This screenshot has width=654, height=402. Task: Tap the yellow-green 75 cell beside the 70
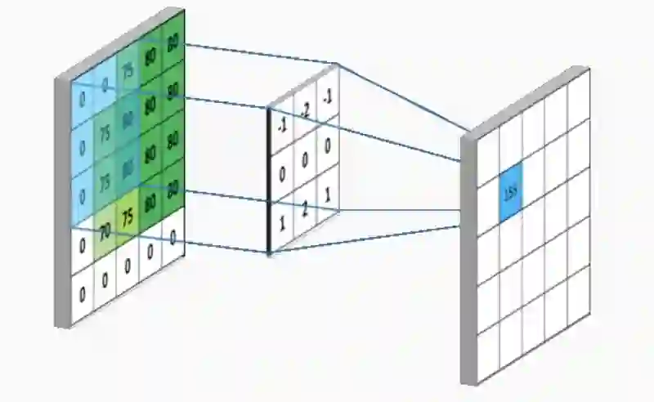[127, 220]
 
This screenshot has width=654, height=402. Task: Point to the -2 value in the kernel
[304, 109]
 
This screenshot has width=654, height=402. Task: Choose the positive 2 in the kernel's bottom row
[304, 210]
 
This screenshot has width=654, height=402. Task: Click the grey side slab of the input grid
[63, 204]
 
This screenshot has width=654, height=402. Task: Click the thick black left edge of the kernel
[269, 180]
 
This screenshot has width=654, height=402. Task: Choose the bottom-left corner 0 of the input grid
[83, 297]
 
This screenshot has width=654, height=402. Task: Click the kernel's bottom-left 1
[281, 223]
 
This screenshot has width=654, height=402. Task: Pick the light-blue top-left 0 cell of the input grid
[83, 100]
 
